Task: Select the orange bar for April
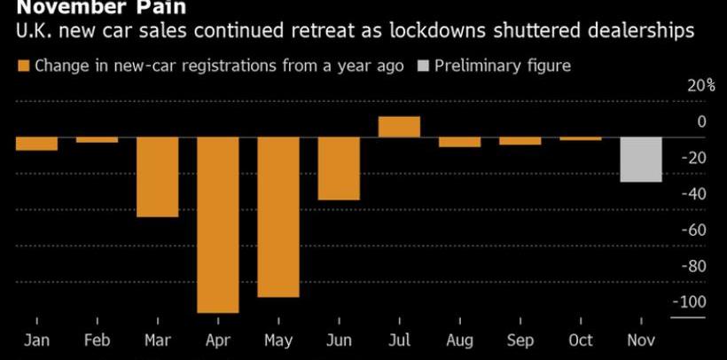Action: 217,224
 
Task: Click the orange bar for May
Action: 278,217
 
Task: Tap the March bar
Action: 157,176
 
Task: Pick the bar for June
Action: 339,168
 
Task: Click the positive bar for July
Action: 399,127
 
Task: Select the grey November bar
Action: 640,160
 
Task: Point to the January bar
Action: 36,144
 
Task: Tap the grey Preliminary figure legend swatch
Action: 422,66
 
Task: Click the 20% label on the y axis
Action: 701,85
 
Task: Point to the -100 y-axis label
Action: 690,301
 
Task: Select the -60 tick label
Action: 693,230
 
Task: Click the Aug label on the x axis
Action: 459,340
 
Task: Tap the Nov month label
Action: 640,340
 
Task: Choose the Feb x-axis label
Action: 97,340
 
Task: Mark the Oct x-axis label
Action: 580,340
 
